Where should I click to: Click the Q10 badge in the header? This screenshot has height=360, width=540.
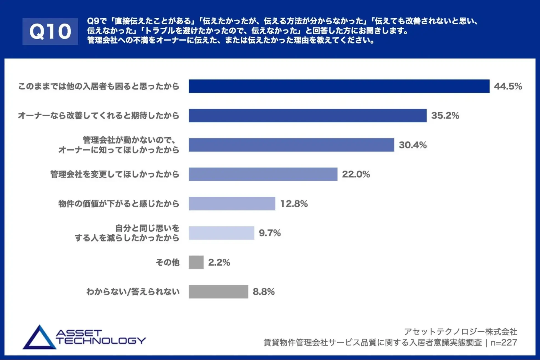(x=50, y=31)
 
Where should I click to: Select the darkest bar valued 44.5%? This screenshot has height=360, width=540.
(x=339, y=86)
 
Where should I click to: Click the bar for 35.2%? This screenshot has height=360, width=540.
(x=307, y=115)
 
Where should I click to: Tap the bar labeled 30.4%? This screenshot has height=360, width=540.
(x=291, y=145)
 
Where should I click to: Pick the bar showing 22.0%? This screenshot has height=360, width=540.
(x=263, y=174)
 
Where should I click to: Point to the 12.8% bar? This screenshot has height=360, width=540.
(x=232, y=204)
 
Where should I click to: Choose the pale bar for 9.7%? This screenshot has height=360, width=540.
(x=221, y=233)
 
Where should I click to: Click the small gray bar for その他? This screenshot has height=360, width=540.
(x=196, y=262)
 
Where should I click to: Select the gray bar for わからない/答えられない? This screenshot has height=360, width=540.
(x=218, y=292)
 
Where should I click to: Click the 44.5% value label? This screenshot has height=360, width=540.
(x=508, y=86)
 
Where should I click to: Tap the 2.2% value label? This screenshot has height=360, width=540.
(x=219, y=262)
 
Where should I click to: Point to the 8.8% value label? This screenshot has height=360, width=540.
(x=263, y=292)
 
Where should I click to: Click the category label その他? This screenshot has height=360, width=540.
(x=168, y=262)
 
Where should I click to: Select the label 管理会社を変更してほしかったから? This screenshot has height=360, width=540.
(x=115, y=174)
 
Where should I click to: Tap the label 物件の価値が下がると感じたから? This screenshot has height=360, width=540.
(x=119, y=204)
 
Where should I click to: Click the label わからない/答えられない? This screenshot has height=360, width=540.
(x=133, y=292)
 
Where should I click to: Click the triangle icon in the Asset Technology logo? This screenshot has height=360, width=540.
(x=39, y=338)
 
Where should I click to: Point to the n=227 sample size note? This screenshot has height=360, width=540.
(x=504, y=343)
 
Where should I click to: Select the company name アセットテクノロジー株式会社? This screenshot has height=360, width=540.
(x=461, y=331)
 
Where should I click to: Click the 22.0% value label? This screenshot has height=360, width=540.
(x=356, y=174)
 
